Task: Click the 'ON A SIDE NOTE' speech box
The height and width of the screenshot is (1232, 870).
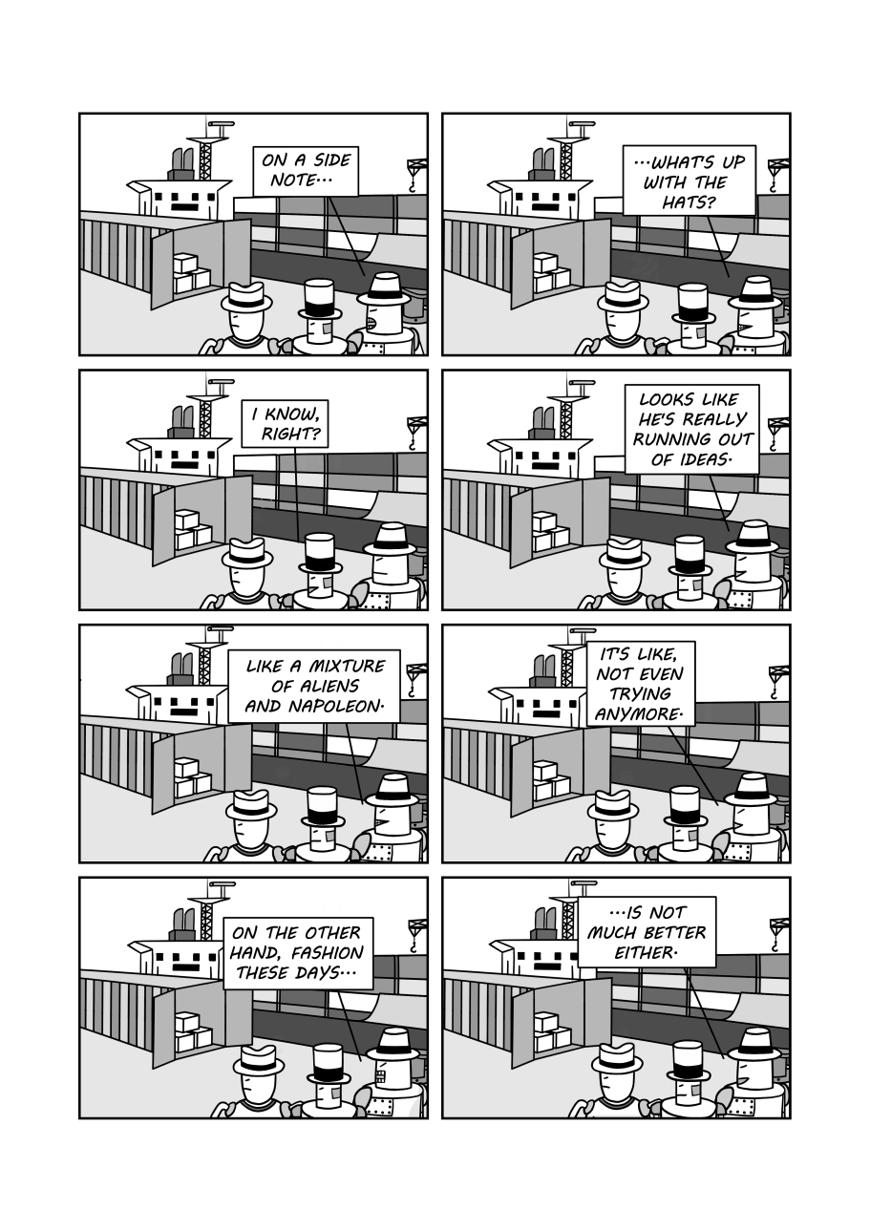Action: [x=306, y=171]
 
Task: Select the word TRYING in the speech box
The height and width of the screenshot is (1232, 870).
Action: [x=640, y=693]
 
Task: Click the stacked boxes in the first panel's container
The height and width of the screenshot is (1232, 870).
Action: [x=191, y=273]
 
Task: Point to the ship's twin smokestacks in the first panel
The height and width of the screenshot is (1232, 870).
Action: [x=183, y=160]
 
